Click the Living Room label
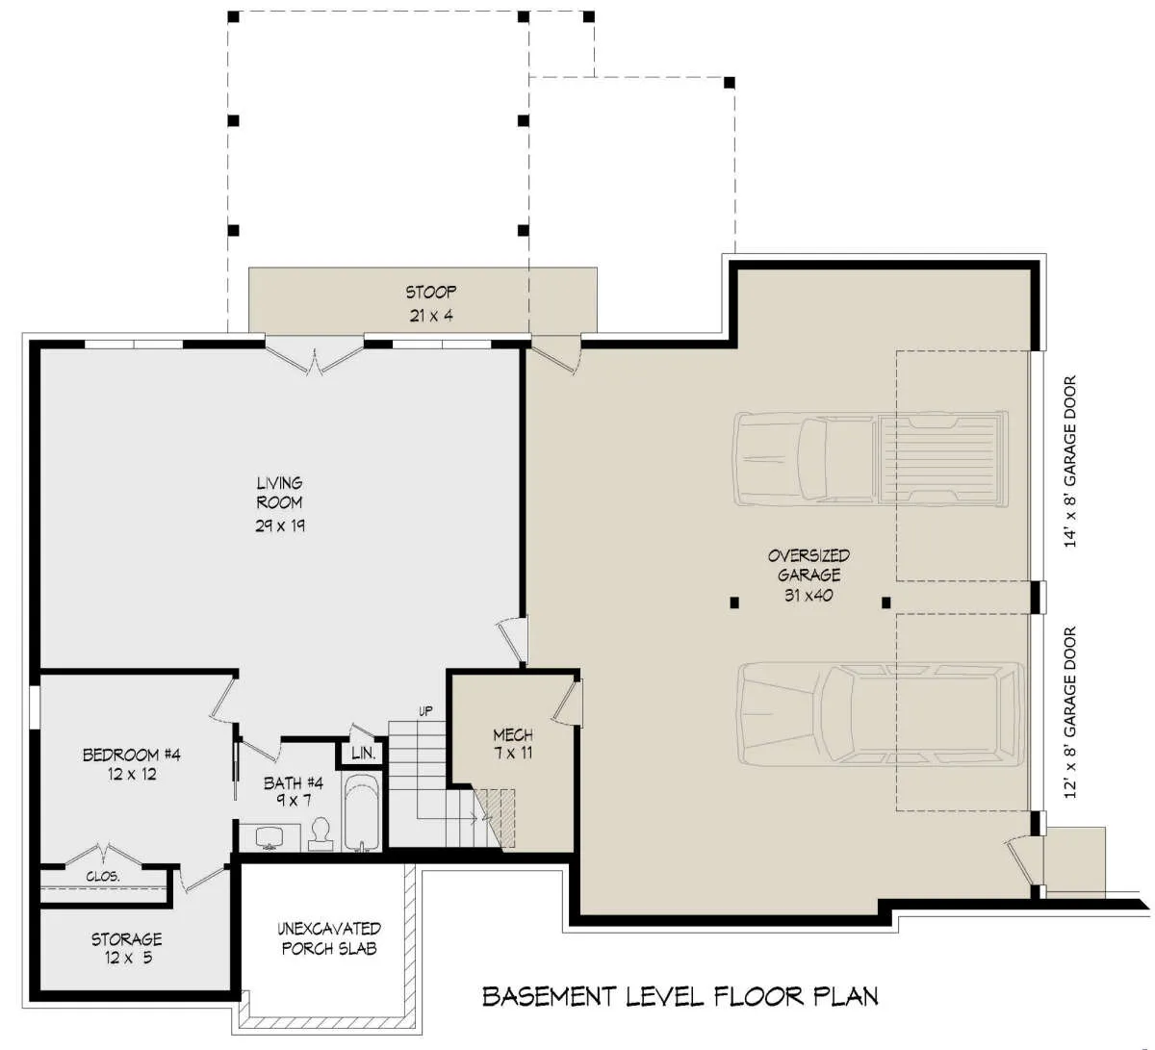coord(280,503)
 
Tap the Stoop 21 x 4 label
coord(431,303)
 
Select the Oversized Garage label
coord(808,575)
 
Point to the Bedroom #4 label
coord(131,764)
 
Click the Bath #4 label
coord(294,791)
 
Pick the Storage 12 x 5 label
coord(127,949)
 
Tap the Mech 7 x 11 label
coord(513,744)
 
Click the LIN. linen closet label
coord(363,753)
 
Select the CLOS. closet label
coord(103,877)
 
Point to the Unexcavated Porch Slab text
coord(329,938)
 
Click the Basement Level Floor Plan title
coord(680,996)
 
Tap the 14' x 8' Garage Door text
coord(1069,461)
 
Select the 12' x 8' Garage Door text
coord(1069,712)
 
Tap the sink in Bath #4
coord(269,837)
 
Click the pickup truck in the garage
coord(871,459)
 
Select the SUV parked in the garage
coord(881,713)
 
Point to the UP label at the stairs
coord(425,711)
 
